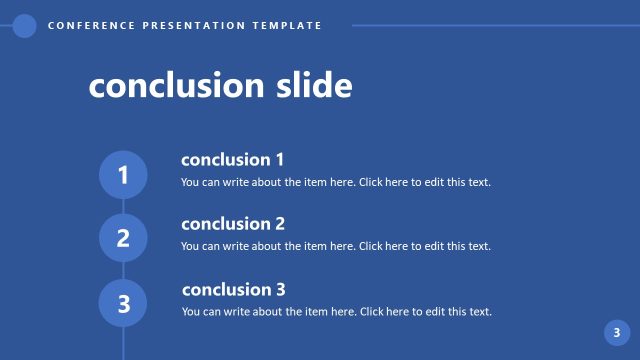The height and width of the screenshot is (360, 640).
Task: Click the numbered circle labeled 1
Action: (x=123, y=175)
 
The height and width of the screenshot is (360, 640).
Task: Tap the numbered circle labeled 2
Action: (x=123, y=238)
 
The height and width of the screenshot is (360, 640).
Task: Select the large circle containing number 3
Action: (x=123, y=303)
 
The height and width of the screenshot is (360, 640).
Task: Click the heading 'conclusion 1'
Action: (x=233, y=160)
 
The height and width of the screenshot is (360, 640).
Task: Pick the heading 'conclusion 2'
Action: (x=233, y=224)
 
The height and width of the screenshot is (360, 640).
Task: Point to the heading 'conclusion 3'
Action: (x=233, y=290)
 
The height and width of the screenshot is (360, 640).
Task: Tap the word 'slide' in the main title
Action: (x=312, y=87)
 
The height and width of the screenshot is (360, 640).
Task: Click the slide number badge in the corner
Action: (x=617, y=333)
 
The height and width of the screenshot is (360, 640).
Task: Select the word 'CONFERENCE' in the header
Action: (x=88, y=26)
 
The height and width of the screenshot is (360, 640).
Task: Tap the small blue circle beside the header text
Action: (x=25, y=26)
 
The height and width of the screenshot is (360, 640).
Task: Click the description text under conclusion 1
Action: (x=336, y=182)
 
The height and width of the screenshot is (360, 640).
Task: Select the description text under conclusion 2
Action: (x=336, y=246)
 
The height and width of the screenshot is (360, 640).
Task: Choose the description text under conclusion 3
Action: (x=336, y=312)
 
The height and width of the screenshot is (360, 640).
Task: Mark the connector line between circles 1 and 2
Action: (x=123, y=206)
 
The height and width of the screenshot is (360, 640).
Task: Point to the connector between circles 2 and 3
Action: (x=123, y=270)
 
